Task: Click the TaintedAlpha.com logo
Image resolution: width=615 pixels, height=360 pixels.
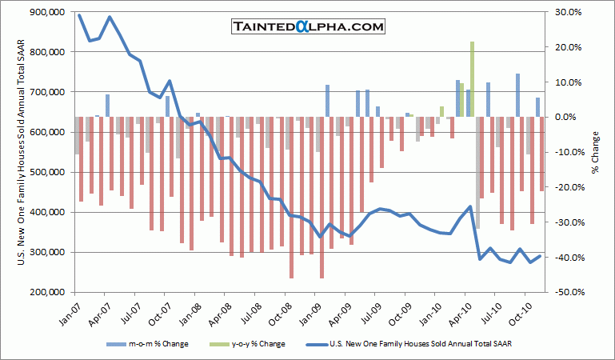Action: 308,26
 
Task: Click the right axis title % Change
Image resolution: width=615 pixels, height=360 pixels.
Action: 595,152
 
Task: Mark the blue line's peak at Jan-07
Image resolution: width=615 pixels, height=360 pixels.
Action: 78,15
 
